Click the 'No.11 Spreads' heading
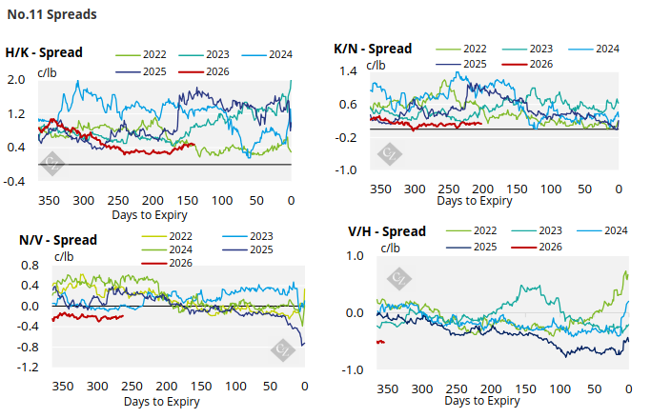pos(50,15)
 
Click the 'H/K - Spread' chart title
pos(44,52)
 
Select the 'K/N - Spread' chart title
pos(373,48)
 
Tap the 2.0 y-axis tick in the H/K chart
pos(16,81)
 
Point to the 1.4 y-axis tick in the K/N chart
pos(347,71)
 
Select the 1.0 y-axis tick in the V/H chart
pos(355,256)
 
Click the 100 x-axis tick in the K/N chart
pos(550,189)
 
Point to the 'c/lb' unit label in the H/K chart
pos(50,70)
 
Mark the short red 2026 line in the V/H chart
pos(380,342)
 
